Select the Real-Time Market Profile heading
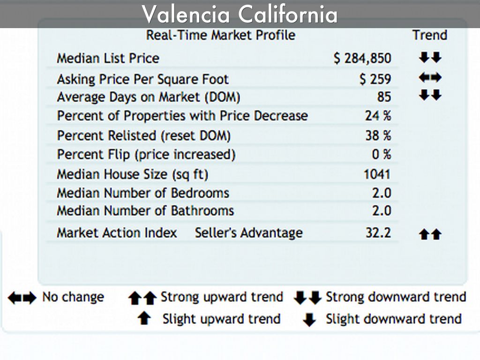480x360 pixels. pyautogui.click(x=220, y=35)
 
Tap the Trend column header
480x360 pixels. pyautogui.click(x=429, y=35)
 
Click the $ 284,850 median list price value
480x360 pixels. pyautogui.click(x=362, y=59)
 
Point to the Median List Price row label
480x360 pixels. pyautogui.click(x=108, y=59)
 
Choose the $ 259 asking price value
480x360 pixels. pyautogui.click(x=375, y=79)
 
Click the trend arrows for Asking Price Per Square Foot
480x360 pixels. pyautogui.click(x=430, y=78)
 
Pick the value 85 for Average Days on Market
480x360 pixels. pyautogui.click(x=383, y=97)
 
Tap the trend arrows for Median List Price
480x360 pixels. pyautogui.click(x=430, y=58)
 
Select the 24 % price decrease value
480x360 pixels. pyautogui.click(x=378, y=116)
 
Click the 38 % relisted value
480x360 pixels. pyautogui.click(x=378, y=135)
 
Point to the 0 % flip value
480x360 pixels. pyautogui.click(x=381, y=154)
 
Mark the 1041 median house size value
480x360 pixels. pyautogui.click(x=377, y=174)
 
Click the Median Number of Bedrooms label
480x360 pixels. pyautogui.click(x=143, y=193)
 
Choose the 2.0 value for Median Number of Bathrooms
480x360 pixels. pyautogui.click(x=382, y=211)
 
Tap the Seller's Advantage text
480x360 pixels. pyautogui.click(x=248, y=233)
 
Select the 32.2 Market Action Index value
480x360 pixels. pyautogui.click(x=378, y=233)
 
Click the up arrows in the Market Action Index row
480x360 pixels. pyautogui.click(x=430, y=234)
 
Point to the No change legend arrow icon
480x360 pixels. pyautogui.click(x=22, y=298)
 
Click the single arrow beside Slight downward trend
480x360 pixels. pyautogui.click(x=309, y=320)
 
